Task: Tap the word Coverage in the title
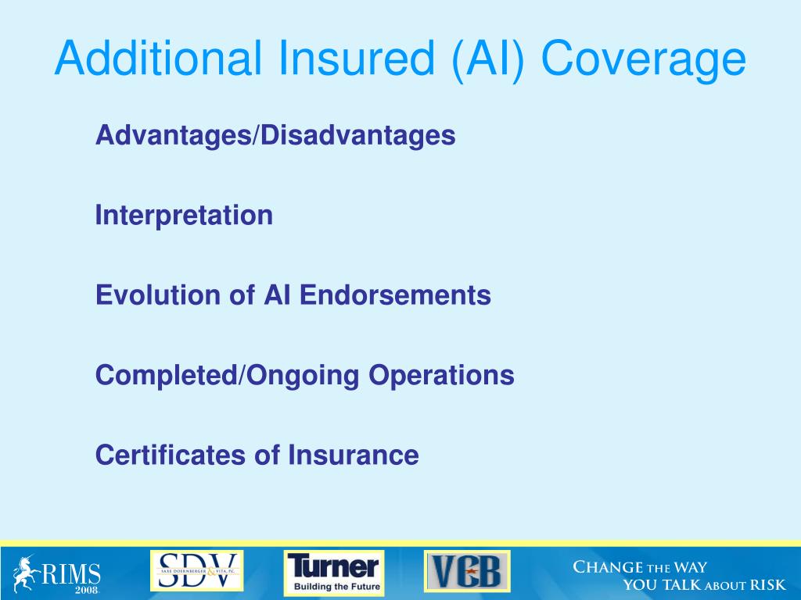pyautogui.click(x=642, y=59)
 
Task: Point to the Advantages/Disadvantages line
pyautogui.click(x=275, y=135)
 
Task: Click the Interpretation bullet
pyautogui.click(x=184, y=215)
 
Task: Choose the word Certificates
pyautogui.click(x=171, y=455)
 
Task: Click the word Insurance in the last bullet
pyautogui.click(x=354, y=455)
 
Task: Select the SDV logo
pyautogui.click(x=196, y=570)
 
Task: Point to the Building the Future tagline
pyautogui.click(x=337, y=585)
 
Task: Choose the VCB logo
pyautogui.click(x=467, y=571)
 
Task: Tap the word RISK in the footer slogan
pyautogui.click(x=767, y=585)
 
